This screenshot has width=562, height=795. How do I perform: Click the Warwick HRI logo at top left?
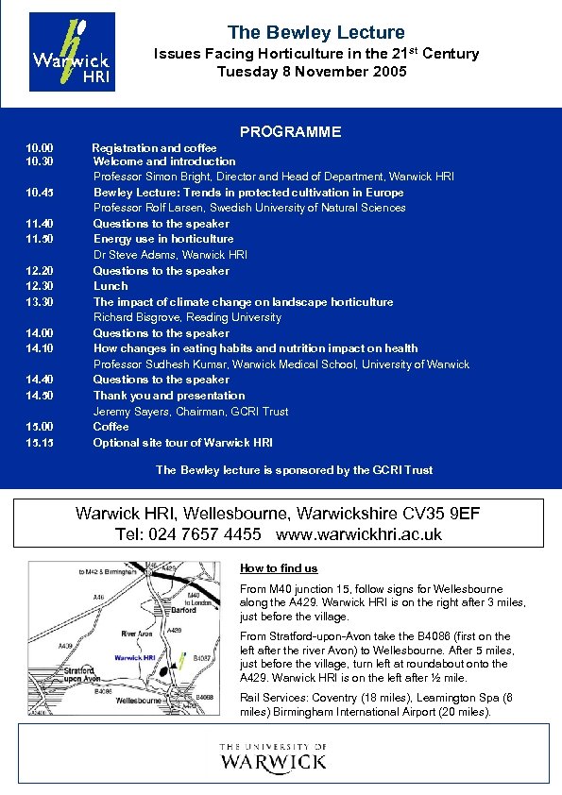pyautogui.click(x=72, y=51)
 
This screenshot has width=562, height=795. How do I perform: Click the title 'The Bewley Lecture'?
pyautogui.click(x=316, y=33)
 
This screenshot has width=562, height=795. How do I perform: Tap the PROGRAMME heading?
pyautogui.click(x=291, y=132)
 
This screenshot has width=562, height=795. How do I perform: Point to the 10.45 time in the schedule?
pyautogui.click(x=40, y=193)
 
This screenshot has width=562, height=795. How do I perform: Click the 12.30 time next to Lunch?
pyautogui.click(x=40, y=286)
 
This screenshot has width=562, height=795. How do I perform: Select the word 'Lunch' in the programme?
pyautogui.click(x=111, y=286)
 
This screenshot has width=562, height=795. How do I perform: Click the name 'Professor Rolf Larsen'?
pyautogui.click(x=151, y=208)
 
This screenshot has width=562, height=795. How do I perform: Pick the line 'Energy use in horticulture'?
pyautogui.click(x=163, y=239)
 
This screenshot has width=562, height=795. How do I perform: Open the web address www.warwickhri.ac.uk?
pyautogui.click(x=359, y=534)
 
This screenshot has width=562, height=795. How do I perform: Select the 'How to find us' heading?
pyautogui.click(x=279, y=568)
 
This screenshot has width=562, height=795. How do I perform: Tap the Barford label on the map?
pyautogui.click(x=184, y=611)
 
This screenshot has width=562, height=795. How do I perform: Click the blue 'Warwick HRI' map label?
pyautogui.click(x=134, y=657)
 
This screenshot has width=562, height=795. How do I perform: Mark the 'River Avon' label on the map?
pyautogui.click(x=138, y=634)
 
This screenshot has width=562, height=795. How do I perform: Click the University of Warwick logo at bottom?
pyautogui.click(x=273, y=757)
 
